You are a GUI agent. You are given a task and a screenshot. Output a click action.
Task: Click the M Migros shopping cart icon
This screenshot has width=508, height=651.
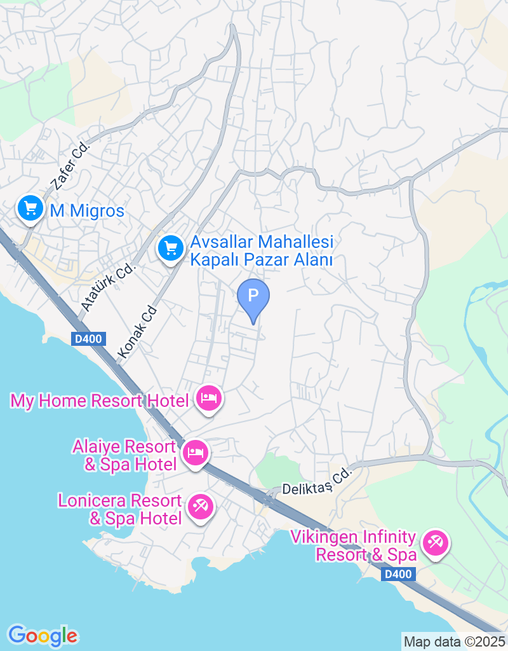pyautogui.click(x=29, y=209)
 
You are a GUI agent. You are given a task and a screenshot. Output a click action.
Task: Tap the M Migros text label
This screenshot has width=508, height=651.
pyautogui.click(x=87, y=211)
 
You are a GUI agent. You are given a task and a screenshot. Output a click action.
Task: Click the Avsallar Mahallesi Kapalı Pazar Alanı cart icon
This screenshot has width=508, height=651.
pyautogui.click(x=170, y=248)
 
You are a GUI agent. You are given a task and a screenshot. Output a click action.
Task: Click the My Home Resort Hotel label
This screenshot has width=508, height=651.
pyautogui.click(x=100, y=401)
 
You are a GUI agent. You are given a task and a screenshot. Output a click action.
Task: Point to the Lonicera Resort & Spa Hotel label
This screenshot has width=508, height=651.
pyautogui.click(x=120, y=509)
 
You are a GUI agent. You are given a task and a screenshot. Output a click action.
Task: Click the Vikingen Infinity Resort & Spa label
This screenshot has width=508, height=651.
pyautogui.click(x=353, y=546)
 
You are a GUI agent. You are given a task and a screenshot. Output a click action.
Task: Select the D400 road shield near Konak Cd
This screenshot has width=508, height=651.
pyautogui.click(x=89, y=339)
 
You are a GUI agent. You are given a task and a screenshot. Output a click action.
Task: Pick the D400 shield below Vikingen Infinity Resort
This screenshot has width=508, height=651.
pyautogui.click(x=399, y=574)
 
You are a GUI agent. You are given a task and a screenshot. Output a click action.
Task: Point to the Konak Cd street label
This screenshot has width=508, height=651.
pyautogui.click(x=137, y=333)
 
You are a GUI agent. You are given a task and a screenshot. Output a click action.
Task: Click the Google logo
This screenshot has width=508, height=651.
pyautogui.click(x=43, y=635)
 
